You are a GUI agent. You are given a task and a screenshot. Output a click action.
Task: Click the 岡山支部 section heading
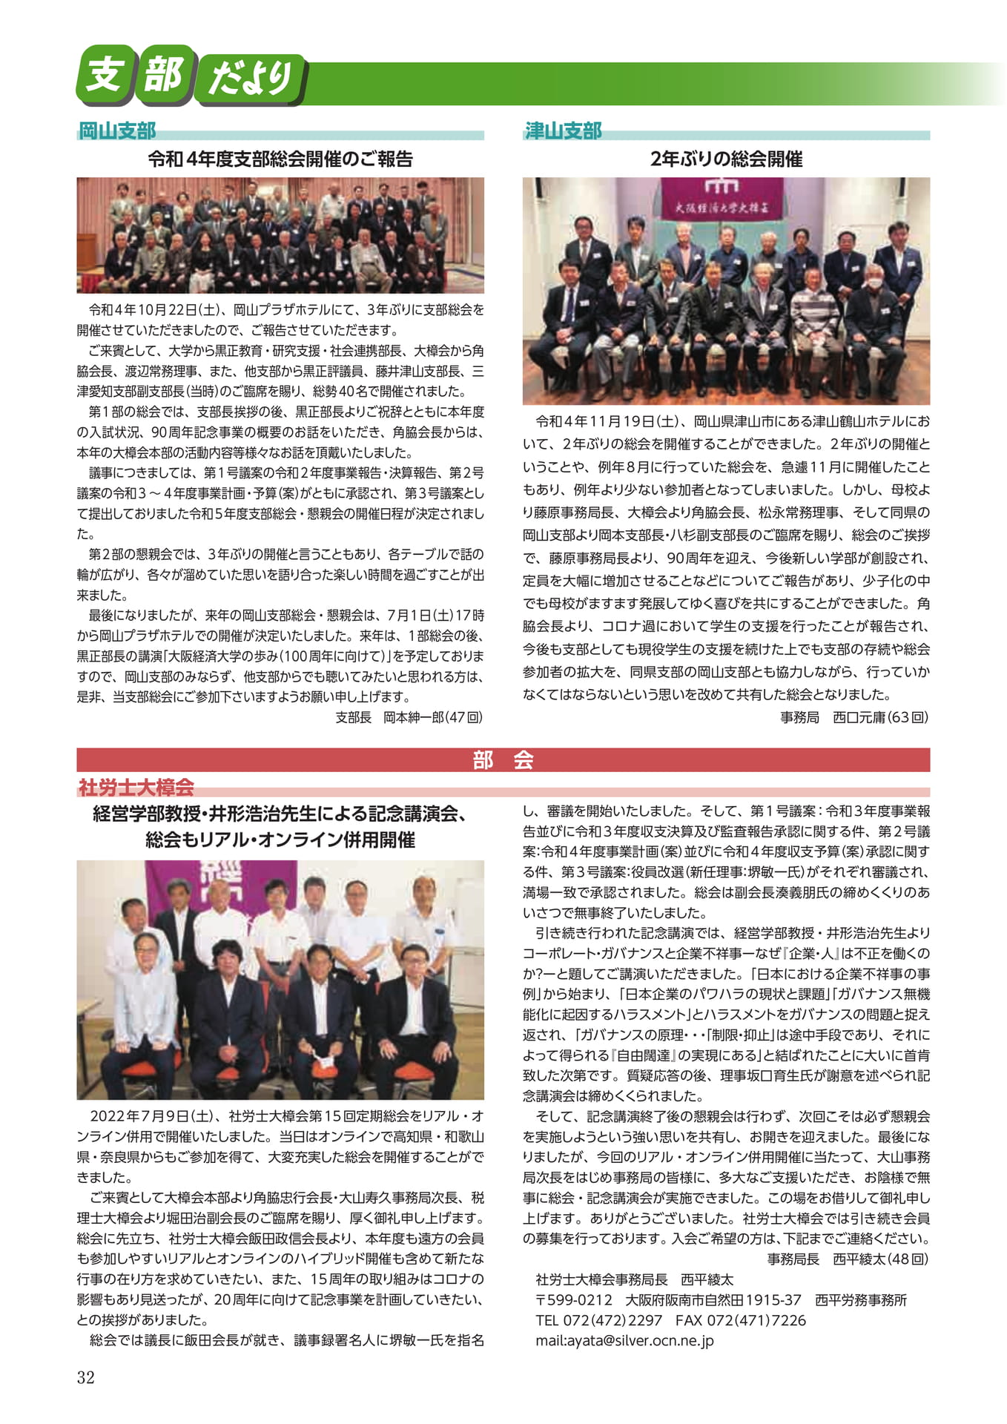[x=117, y=131]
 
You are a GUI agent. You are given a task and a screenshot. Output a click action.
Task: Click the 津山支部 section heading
[x=563, y=131]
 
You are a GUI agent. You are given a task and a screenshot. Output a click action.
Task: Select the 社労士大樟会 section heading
[x=136, y=787]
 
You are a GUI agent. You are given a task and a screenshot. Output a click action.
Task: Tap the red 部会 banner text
[x=503, y=760]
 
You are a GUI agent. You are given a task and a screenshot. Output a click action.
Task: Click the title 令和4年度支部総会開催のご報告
[x=280, y=159]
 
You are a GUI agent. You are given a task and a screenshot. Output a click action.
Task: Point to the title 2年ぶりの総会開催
[x=726, y=159]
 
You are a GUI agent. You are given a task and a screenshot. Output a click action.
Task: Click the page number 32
[x=86, y=1377]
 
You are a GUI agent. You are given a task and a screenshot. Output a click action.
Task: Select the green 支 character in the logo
[x=103, y=75]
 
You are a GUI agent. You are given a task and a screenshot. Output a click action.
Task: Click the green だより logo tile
[x=250, y=77]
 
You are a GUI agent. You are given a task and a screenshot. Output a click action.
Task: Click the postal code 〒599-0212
[x=574, y=1299]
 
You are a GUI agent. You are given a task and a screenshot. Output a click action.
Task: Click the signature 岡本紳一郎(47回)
[x=433, y=717]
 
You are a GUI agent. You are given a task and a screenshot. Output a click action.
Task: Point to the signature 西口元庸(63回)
[x=880, y=717]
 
